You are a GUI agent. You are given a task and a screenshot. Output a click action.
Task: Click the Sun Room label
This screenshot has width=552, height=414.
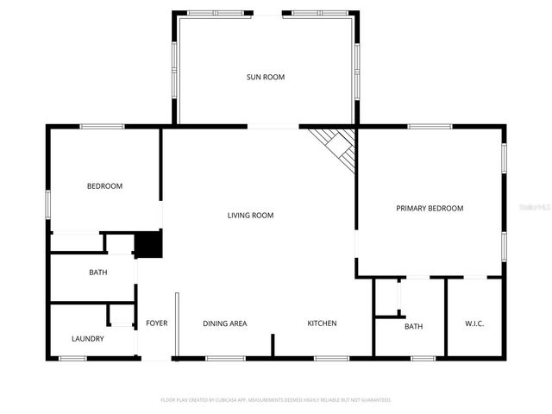pos(266,78)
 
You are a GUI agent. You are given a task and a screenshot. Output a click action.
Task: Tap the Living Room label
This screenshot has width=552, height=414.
pos(250,216)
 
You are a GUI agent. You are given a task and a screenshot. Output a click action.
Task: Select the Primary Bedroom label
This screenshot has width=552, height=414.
pos(430,209)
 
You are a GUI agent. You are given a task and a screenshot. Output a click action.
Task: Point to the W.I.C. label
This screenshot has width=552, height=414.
pos(474,324)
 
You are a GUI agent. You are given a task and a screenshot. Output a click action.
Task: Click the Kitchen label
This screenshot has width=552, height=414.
pos(322,323)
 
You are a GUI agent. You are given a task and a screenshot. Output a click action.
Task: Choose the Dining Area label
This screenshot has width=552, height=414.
pos(225,323)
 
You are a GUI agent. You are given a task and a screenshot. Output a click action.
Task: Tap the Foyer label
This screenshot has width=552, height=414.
pos(156,323)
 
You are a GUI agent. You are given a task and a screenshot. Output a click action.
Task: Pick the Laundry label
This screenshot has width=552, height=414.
pos(87,339)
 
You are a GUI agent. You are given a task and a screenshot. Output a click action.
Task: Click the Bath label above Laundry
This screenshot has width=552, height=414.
pos(97,273)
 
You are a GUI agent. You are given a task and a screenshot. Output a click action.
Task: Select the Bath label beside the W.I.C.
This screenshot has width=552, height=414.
pos(414,327)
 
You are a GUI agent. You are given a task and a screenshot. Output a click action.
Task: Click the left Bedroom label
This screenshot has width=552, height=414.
pos(104,186)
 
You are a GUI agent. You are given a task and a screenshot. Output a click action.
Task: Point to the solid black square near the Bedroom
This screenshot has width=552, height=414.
pos(148,244)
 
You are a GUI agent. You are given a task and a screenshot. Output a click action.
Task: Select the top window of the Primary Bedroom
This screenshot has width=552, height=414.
pos(430,127)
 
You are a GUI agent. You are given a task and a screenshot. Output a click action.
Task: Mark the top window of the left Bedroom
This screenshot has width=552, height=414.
pos(102,127)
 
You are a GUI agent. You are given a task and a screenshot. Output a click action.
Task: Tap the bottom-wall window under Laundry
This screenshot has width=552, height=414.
pos(72,358)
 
